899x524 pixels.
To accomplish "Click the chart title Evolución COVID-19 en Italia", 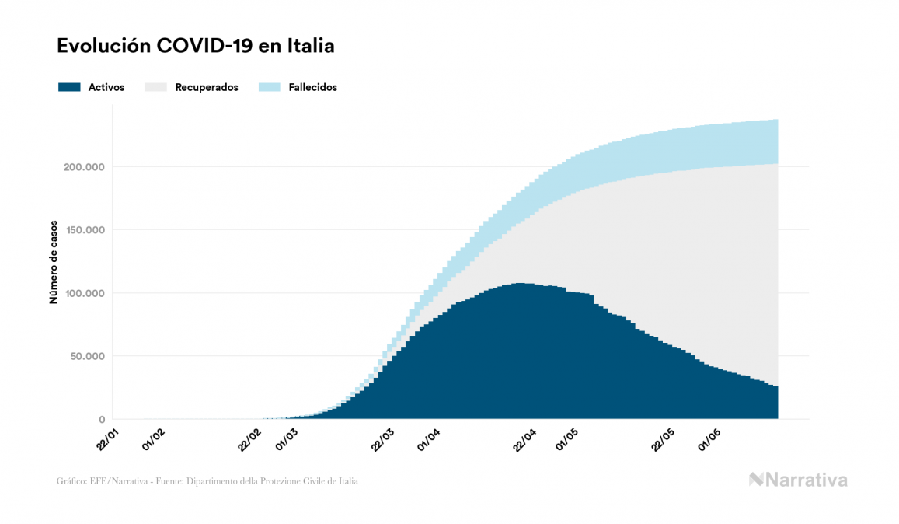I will (x=196, y=47).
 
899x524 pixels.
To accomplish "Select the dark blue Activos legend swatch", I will (x=69, y=87).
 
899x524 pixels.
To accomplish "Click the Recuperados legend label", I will (x=207, y=87).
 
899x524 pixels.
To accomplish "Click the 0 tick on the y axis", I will (x=101, y=420).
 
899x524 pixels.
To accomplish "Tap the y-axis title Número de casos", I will (x=54, y=263).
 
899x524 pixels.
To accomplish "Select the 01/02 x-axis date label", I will (x=152, y=438).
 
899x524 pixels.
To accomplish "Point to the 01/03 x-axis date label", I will (x=285, y=438).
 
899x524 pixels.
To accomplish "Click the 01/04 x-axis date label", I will (x=429, y=438).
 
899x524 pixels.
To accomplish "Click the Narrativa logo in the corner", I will (x=798, y=480).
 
